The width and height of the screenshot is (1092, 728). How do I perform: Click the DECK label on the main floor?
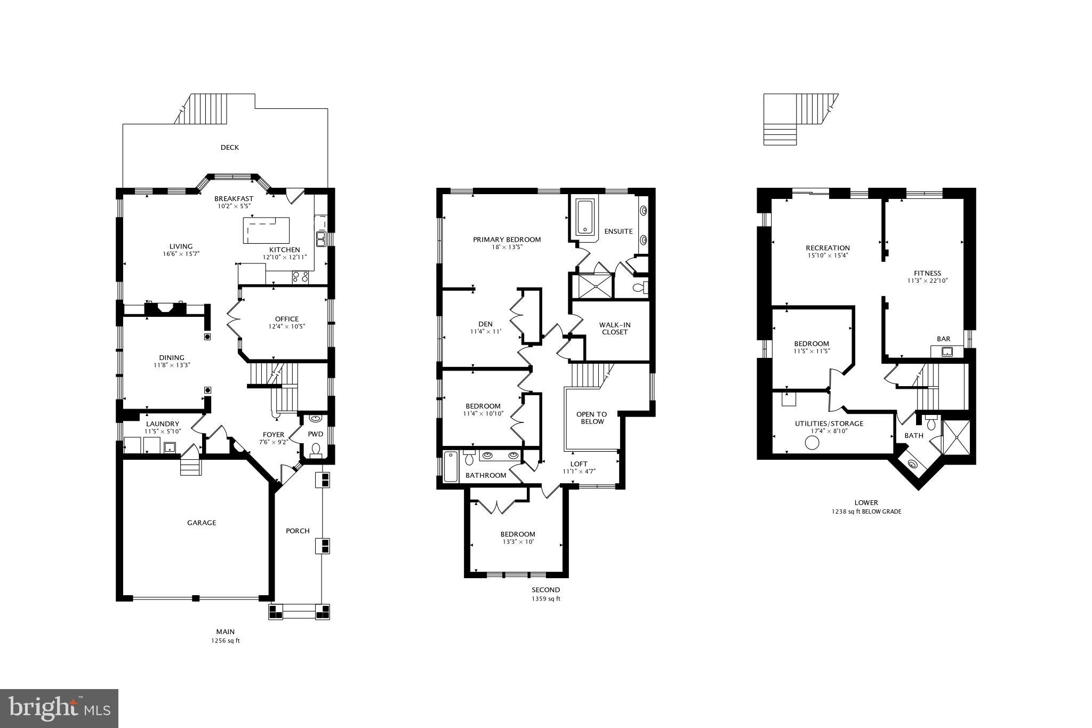point(230,147)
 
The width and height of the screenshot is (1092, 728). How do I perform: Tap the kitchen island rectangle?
point(266,230)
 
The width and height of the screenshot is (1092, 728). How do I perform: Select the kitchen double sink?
point(321,239)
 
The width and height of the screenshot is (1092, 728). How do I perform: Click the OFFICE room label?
point(287,319)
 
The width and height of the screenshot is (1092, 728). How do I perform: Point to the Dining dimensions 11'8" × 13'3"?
point(172,365)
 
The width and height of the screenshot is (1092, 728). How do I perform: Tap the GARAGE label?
point(202,523)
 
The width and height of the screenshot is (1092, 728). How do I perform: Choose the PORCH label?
point(298,531)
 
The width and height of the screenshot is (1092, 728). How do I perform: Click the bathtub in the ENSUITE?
point(585,217)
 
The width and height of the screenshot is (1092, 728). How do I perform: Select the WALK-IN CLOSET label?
point(615,328)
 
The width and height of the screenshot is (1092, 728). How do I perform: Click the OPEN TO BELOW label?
point(592,418)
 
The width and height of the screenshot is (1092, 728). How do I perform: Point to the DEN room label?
point(485,324)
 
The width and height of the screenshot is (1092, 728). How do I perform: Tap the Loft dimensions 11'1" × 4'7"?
point(579,471)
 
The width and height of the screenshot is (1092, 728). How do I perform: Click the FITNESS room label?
point(927,273)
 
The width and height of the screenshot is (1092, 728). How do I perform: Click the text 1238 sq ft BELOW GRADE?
point(866,511)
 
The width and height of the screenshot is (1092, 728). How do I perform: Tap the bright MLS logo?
point(59,708)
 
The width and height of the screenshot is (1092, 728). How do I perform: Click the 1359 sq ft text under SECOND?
point(546,599)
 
